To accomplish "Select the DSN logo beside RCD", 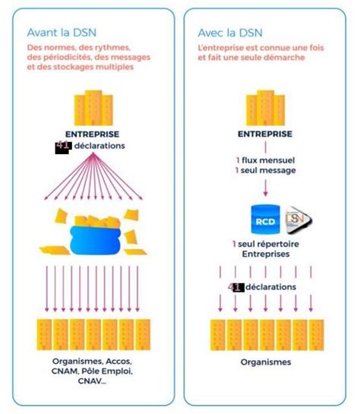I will point(298,220).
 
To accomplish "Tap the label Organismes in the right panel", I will point(266,362).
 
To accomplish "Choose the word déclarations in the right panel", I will point(270,287).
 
